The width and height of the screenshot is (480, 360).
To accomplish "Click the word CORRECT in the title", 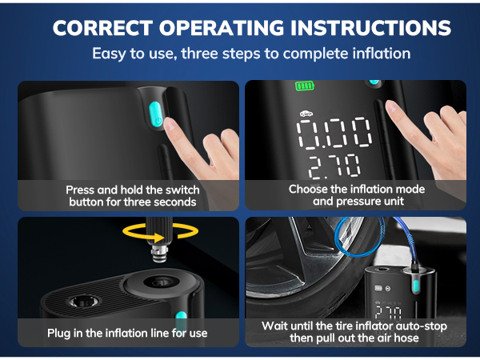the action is coord(102,28).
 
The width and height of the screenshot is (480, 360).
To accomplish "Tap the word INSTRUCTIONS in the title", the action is coord(370,28).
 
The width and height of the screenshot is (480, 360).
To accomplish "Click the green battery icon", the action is coord(305,86).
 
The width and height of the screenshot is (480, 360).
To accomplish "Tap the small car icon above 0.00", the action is coord(306,114).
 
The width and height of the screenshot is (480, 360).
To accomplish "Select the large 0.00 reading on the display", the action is coord(334,133).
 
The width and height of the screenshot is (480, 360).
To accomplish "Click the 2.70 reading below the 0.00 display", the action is coord(334,166).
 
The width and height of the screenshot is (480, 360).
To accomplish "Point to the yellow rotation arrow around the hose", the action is coord(160,231).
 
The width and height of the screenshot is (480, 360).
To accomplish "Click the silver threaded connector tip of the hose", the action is coord(160,252).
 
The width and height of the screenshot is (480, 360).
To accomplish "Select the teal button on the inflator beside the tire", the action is coord(416,286).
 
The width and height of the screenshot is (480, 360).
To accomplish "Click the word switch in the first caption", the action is coord(182,190).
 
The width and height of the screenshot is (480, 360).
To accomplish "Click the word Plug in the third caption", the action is coord(58,333).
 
